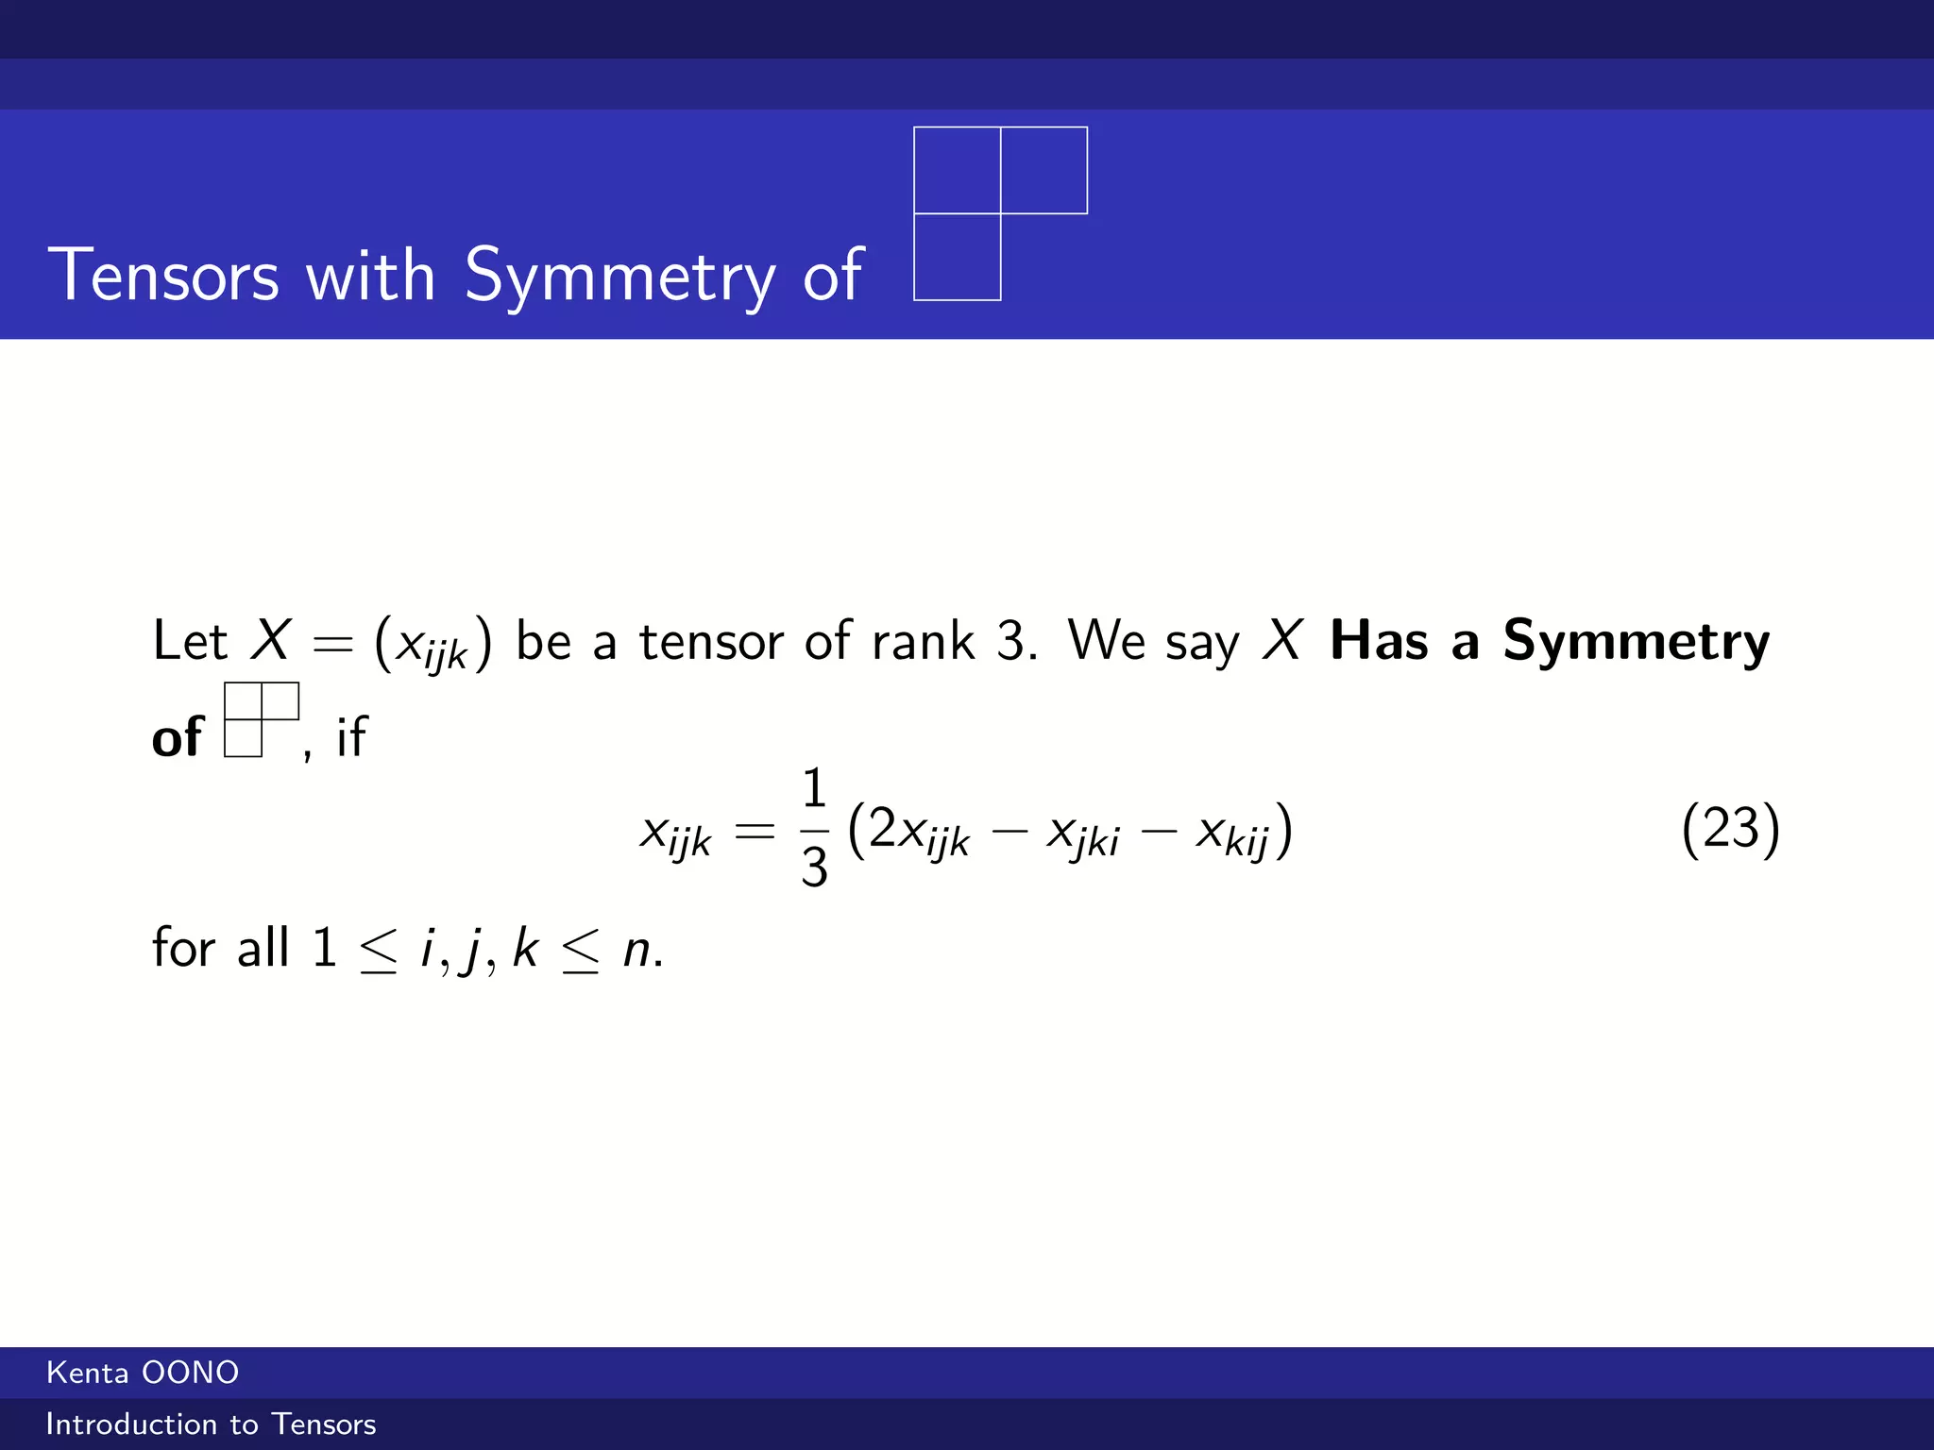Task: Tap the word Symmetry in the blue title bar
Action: point(619,275)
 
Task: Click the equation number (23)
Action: point(1730,829)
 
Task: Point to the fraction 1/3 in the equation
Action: point(813,828)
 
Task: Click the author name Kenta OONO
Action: point(143,1373)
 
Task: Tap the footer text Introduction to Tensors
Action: point(211,1424)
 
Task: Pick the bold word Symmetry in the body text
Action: point(1636,643)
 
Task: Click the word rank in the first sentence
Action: point(922,641)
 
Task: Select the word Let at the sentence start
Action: point(189,641)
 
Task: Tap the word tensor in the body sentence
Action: point(710,641)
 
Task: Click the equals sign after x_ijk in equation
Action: point(754,832)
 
